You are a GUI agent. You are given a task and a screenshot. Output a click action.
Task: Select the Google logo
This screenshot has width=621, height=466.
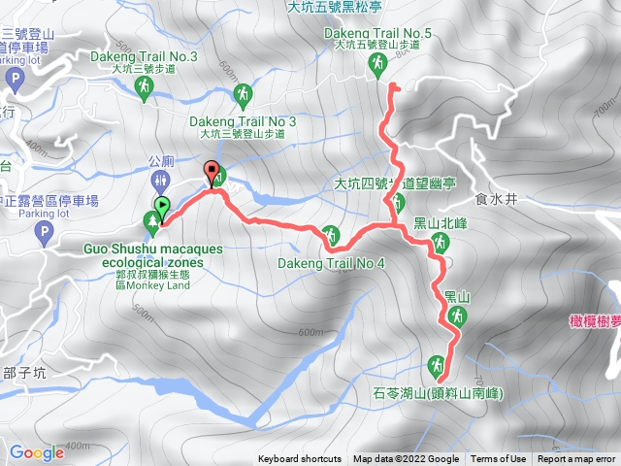click(x=36, y=452)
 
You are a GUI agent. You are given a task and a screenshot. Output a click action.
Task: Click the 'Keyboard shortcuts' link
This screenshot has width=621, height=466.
click(x=300, y=459)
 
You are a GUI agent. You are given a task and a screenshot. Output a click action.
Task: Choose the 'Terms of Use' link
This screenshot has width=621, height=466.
click(x=499, y=459)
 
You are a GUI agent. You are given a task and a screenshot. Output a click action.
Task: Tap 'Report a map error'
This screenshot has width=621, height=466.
click(x=576, y=459)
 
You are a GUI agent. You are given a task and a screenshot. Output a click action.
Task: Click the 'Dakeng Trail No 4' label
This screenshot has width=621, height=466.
click(x=332, y=263)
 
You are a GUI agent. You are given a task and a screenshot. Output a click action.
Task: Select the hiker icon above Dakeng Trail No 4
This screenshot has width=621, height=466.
click(x=331, y=234)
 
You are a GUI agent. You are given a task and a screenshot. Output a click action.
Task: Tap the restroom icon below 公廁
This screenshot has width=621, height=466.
click(x=160, y=181)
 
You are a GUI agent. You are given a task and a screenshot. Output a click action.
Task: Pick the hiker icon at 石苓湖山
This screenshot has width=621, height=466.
click(x=436, y=366)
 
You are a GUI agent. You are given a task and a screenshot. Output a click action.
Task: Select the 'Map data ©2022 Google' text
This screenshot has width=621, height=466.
click(x=406, y=459)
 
